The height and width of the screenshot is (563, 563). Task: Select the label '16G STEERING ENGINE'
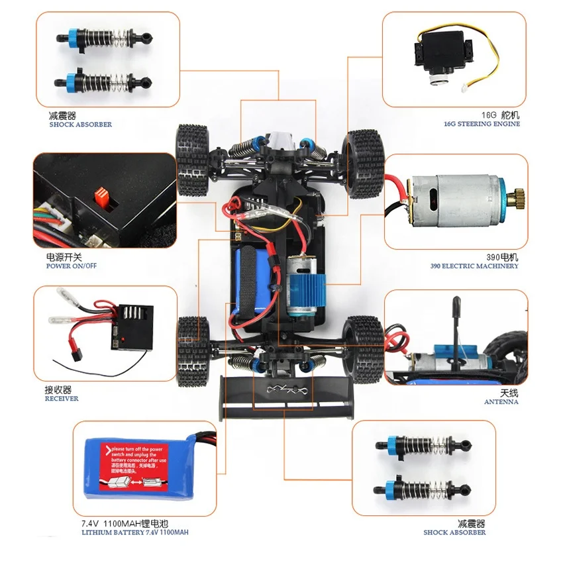coord(482,124)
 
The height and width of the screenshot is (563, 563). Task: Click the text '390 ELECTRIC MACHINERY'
coord(474,266)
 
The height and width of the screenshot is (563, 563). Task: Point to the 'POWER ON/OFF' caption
coord(72,266)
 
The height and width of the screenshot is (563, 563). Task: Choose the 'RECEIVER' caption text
coord(62,399)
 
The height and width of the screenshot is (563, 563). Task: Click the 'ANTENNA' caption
coord(501,402)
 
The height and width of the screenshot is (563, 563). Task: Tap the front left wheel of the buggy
coord(193,160)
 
